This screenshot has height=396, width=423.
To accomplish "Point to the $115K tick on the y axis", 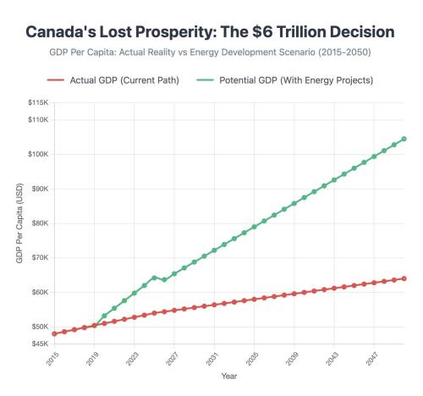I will pyautogui.click(x=36, y=102).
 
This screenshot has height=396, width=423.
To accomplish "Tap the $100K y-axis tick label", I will pyautogui.click(x=36, y=154).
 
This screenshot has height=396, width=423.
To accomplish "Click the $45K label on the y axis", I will pyautogui.click(x=38, y=344).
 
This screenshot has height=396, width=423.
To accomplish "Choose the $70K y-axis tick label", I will pyautogui.click(x=38, y=257).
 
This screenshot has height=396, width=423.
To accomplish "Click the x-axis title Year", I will pyautogui.click(x=229, y=375).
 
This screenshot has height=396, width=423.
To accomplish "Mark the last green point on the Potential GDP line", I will pyautogui.click(x=404, y=139).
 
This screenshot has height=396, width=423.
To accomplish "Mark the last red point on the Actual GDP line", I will pyautogui.click(x=404, y=278).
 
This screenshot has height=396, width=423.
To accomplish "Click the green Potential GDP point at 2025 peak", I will pyautogui.click(x=154, y=277).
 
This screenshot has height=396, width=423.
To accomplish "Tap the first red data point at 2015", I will pyautogui.click(x=54, y=333).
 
